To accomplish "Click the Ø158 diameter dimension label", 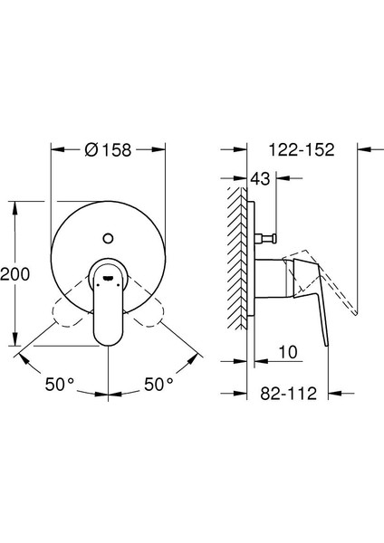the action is coord(108,150).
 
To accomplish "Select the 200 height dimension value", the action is coord(14,274).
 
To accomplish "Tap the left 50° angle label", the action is coord(59,384).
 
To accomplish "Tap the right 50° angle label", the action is coord(158,384).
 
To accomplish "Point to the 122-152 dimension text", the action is coord(302,149).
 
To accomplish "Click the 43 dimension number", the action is coord(260,178).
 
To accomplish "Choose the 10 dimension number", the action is coord(288,352).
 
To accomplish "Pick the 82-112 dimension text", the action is coord(289,394).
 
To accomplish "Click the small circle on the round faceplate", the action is coord(108,238).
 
